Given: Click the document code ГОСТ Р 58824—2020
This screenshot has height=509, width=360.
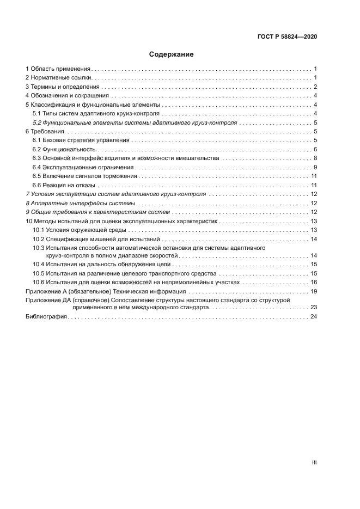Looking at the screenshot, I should [287, 36].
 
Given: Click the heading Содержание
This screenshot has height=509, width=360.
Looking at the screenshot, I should [172, 54].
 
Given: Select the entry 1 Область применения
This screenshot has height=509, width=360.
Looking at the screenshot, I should [58, 69].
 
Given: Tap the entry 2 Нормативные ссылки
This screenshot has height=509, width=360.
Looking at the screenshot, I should [58, 78].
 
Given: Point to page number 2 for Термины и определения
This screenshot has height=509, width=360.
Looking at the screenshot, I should [315, 87].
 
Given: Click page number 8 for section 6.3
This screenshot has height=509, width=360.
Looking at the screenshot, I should [315, 158].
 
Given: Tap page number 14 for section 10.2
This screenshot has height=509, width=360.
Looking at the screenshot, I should [314, 238].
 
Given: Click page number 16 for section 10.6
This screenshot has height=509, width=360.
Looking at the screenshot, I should [314, 282].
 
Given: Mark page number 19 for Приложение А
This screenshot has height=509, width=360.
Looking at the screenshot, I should [314, 291].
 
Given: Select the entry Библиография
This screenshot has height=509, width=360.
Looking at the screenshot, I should [46, 317].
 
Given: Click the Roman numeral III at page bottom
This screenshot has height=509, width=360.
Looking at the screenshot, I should [314, 462].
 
